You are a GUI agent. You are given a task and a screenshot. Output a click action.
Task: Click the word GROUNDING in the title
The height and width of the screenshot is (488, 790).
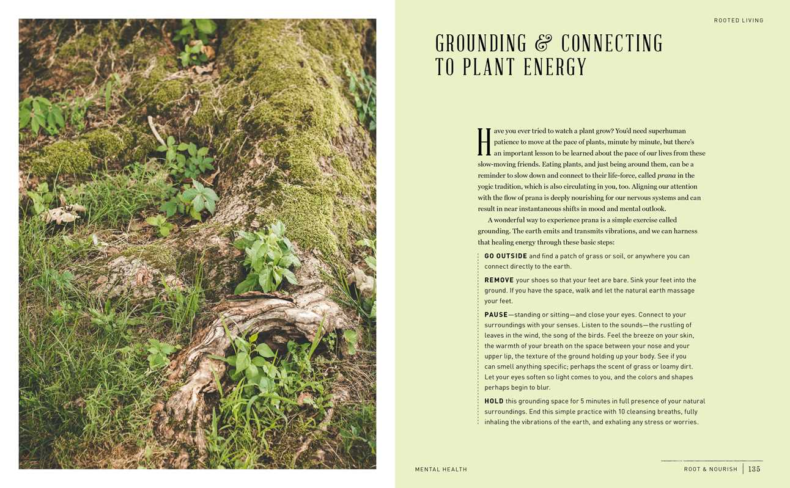pos(481,43)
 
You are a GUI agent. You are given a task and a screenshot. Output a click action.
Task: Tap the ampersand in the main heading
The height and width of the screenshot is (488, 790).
pos(543,43)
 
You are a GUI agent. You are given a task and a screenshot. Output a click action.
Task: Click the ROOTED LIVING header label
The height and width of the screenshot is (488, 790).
pos(738,21)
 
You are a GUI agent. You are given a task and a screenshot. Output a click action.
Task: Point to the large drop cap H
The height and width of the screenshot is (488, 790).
pos(484,142)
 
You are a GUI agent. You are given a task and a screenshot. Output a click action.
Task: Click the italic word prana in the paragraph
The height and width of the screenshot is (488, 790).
pos(666,175)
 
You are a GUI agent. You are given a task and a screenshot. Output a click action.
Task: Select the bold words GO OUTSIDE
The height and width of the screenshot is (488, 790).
pos(506,256)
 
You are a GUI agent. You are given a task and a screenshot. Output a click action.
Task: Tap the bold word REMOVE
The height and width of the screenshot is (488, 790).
pos(498,280)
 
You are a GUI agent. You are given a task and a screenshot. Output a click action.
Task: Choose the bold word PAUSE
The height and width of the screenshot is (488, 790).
pos(496,315)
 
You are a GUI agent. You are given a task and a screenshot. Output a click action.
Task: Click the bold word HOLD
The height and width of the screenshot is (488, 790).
pos(494,401)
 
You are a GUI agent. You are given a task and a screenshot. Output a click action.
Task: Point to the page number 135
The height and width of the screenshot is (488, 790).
pos(754,469)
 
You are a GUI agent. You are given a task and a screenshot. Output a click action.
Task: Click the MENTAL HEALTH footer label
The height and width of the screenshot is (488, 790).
pos(441,469)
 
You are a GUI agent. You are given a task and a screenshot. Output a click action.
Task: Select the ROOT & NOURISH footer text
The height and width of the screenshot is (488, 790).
pos(711,469)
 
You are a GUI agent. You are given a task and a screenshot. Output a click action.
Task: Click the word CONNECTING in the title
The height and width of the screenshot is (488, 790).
pos(611,43)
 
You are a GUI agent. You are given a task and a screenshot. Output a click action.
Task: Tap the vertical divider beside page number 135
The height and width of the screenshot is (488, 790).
pos(743,469)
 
